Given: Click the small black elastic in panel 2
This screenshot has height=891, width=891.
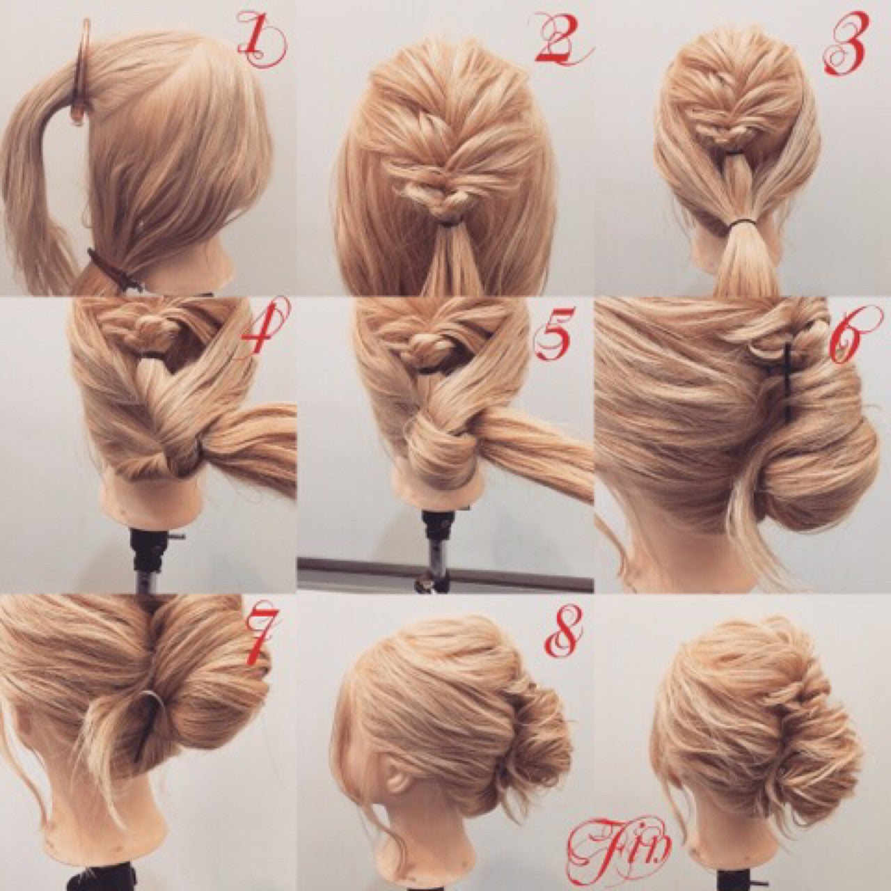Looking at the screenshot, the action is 447,225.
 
